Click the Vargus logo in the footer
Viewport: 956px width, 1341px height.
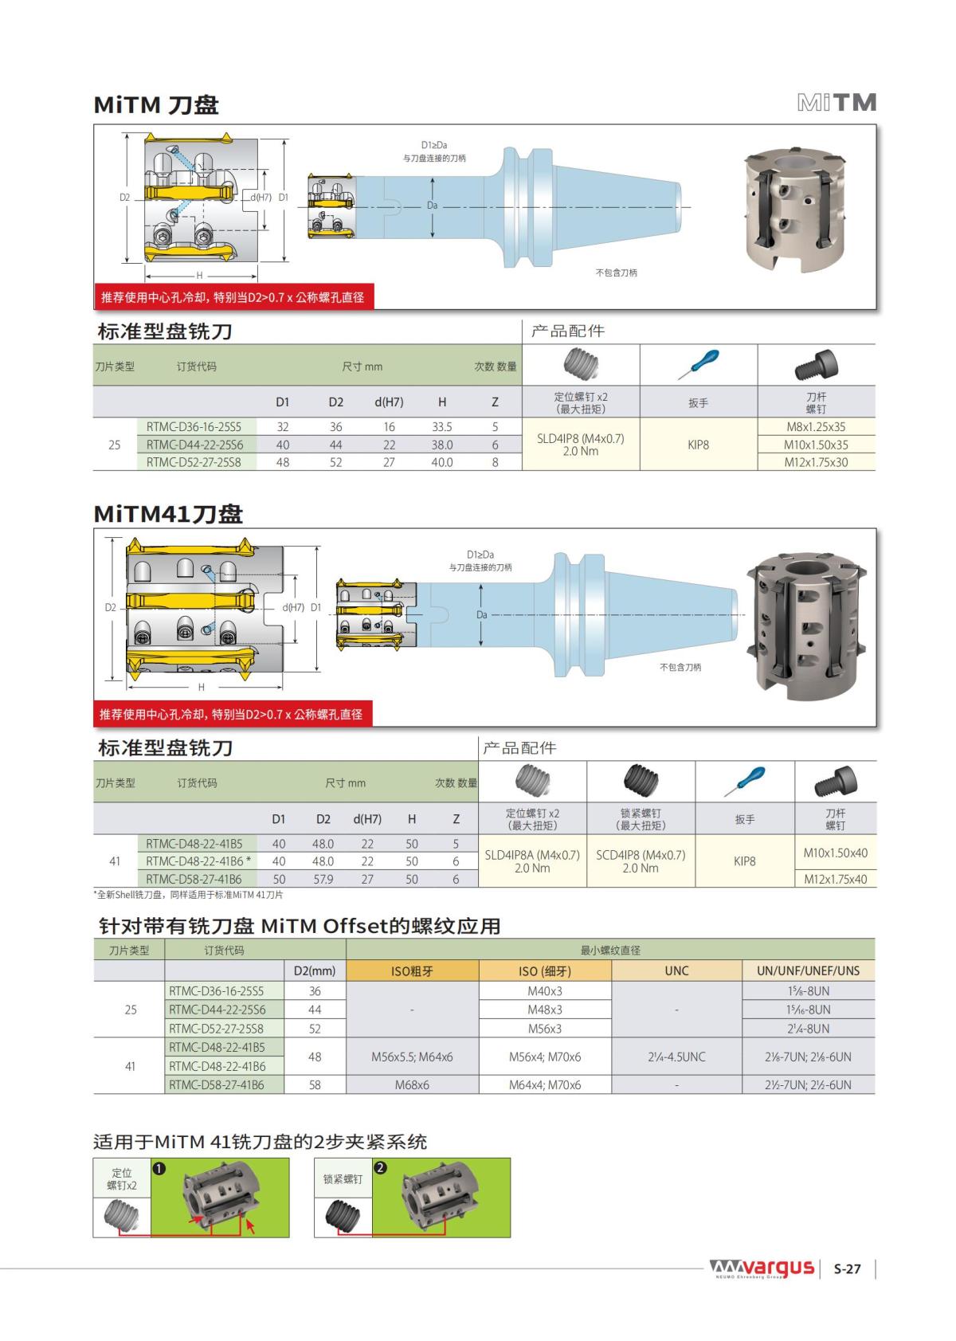click(x=762, y=1268)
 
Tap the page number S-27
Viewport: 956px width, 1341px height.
click(x=847, y=1269)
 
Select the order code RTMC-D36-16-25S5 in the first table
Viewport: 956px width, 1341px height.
click(x=194, y=427)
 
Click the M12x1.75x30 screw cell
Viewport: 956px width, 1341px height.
click(x=816, y=462)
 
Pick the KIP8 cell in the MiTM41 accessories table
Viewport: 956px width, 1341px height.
click(x=744, y=861)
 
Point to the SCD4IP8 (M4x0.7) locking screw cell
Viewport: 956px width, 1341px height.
click(x=641, y=861)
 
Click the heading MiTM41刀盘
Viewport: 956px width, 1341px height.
click(x=168, y=514)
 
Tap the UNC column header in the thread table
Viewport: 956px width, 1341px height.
click(x=676, y=970)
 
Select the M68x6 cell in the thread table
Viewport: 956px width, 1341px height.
click(x=412, y=1084)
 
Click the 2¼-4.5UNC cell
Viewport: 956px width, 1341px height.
click(x=676, y=1057)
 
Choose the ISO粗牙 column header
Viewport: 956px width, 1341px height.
click(x=412, y=970)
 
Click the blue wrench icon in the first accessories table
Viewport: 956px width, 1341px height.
click(x=698, y=364)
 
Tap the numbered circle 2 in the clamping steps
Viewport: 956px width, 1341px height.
click(x=381, y=1167)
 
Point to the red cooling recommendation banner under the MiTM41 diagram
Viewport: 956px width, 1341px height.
click(x=233, y=714)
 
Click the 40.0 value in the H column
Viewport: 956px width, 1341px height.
click(x=442, y=462)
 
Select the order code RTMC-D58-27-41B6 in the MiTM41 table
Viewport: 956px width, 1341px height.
click(x=194, y=879)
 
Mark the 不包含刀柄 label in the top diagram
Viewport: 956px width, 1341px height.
click(x=616, y=273)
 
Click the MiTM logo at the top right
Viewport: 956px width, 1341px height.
click(x=836, y=103)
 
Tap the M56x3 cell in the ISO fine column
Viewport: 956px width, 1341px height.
click(x=545, y=1029)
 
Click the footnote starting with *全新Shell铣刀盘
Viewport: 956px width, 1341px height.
click(x=188, y=895)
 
